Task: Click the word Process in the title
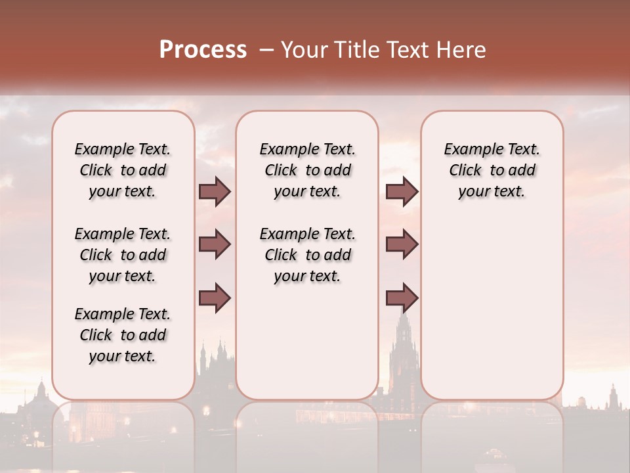click(x=203, y=50)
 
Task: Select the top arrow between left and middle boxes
click(x=215, y=191)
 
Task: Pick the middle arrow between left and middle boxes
click(x=215, y=244)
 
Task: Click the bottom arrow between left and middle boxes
click(x=215, y=298)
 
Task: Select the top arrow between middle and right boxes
click(x=402, y=191)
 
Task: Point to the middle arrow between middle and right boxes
click(x=402, y=244)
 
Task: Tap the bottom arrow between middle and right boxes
click(x=402, y=298)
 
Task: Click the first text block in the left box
click(x=123, y=170)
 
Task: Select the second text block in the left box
click(x=123, y=255)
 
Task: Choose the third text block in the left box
click(x=123, y=335)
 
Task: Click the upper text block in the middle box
click(x=307, y=170)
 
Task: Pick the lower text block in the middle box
click(x=307, y=255)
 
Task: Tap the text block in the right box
click(x=492, y=170)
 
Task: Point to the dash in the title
click(x=267, y=50)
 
